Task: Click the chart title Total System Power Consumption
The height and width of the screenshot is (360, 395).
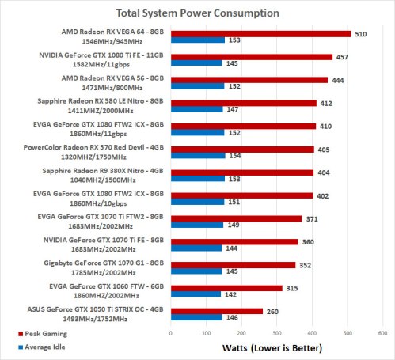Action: tap(197, 12)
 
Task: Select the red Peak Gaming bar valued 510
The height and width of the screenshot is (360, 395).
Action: tap(260, 33)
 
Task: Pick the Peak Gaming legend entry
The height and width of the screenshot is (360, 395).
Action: tap(28, 335)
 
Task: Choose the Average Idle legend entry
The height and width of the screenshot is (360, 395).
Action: tap(28, 348)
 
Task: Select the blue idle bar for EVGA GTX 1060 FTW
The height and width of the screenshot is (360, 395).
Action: tap(196, 293)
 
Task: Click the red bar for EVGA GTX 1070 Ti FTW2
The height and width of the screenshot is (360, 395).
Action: tap(236, 218)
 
